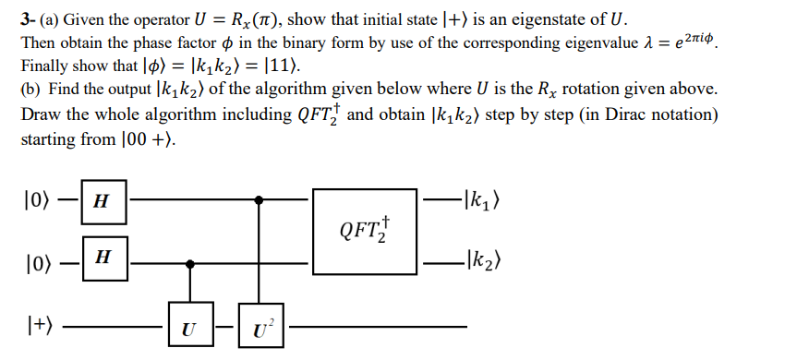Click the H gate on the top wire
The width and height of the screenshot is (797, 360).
point(103,200)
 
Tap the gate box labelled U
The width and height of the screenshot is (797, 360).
point(188,325)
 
